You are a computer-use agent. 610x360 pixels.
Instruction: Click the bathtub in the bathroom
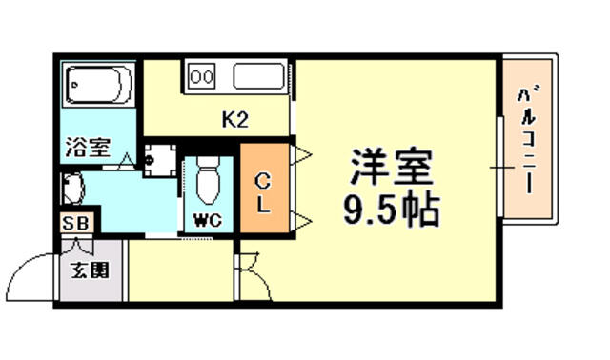click(98, 85)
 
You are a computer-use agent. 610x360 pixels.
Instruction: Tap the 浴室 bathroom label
click(89, 147)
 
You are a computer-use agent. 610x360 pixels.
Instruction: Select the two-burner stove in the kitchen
click(202, 76)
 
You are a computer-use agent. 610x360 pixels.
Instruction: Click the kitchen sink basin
click(259, 76)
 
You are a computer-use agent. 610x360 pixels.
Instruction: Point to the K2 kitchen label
click(235, 119)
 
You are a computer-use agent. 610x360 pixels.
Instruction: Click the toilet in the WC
click(208, 180)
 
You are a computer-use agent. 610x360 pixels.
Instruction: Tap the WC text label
click(208, 221)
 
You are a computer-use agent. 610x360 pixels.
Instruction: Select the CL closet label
click(263, 193)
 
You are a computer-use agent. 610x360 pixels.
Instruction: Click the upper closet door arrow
click(301, 155)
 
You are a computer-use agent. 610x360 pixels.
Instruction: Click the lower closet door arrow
click(301, 221)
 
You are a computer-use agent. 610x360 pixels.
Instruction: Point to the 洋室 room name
click(392, 168)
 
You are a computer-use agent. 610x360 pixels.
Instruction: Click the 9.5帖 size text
click(392, 210)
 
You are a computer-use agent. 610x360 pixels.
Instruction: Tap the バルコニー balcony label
click(528, 141)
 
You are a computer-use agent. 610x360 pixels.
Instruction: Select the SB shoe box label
click(76, 224)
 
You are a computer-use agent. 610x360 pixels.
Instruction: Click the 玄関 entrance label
click(90, 270)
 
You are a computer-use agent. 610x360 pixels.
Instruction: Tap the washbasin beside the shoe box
click(72, 189)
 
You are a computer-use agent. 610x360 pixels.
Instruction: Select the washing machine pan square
click(160, 160)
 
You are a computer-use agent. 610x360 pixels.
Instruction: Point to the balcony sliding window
click(501, 168)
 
